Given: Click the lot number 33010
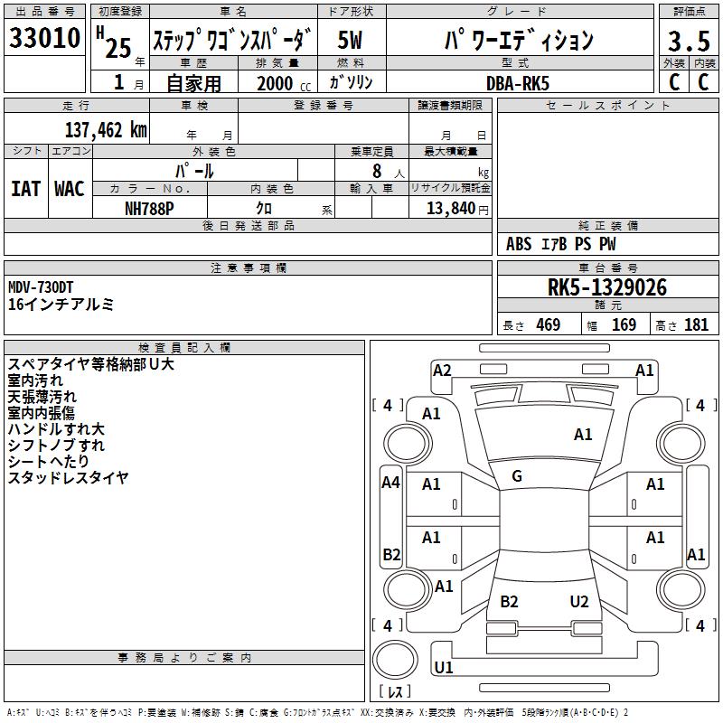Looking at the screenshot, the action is click(x=44, y=38).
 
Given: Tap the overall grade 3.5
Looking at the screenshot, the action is click(x=689, y=41).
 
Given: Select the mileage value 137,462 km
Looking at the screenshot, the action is click(x=106, y=130).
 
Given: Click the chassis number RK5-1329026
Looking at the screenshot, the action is click(x=607, y=287).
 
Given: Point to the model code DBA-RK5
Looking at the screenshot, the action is click(x=518, y=83).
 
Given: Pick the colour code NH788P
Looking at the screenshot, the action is click(x=149, y=209).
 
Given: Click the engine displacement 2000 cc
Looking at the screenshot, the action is click(x=284, y=83).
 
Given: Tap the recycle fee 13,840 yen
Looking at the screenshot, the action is click(x=457, y=209).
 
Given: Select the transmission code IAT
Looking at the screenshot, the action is click(x=26, y=189).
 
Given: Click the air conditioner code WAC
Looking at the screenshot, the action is click(x=70, y=189).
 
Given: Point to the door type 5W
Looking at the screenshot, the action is click(x=350, y=40).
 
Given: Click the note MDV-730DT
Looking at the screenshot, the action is click(x=41, y=287).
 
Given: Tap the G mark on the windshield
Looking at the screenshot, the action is click(x=517, y=476).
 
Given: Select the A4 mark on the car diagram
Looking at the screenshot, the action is click(x=391, y=483).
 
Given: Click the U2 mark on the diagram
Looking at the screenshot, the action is click(x=579, y=601).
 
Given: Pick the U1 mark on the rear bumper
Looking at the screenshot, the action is click(x=444, y=667).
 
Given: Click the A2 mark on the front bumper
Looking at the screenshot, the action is click(x=442, y=371).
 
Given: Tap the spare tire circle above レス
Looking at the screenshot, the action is click(x=395, y=660).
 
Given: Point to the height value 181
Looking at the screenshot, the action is click(x=696, y=324).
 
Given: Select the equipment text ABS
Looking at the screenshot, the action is click(x=519, y=244).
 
